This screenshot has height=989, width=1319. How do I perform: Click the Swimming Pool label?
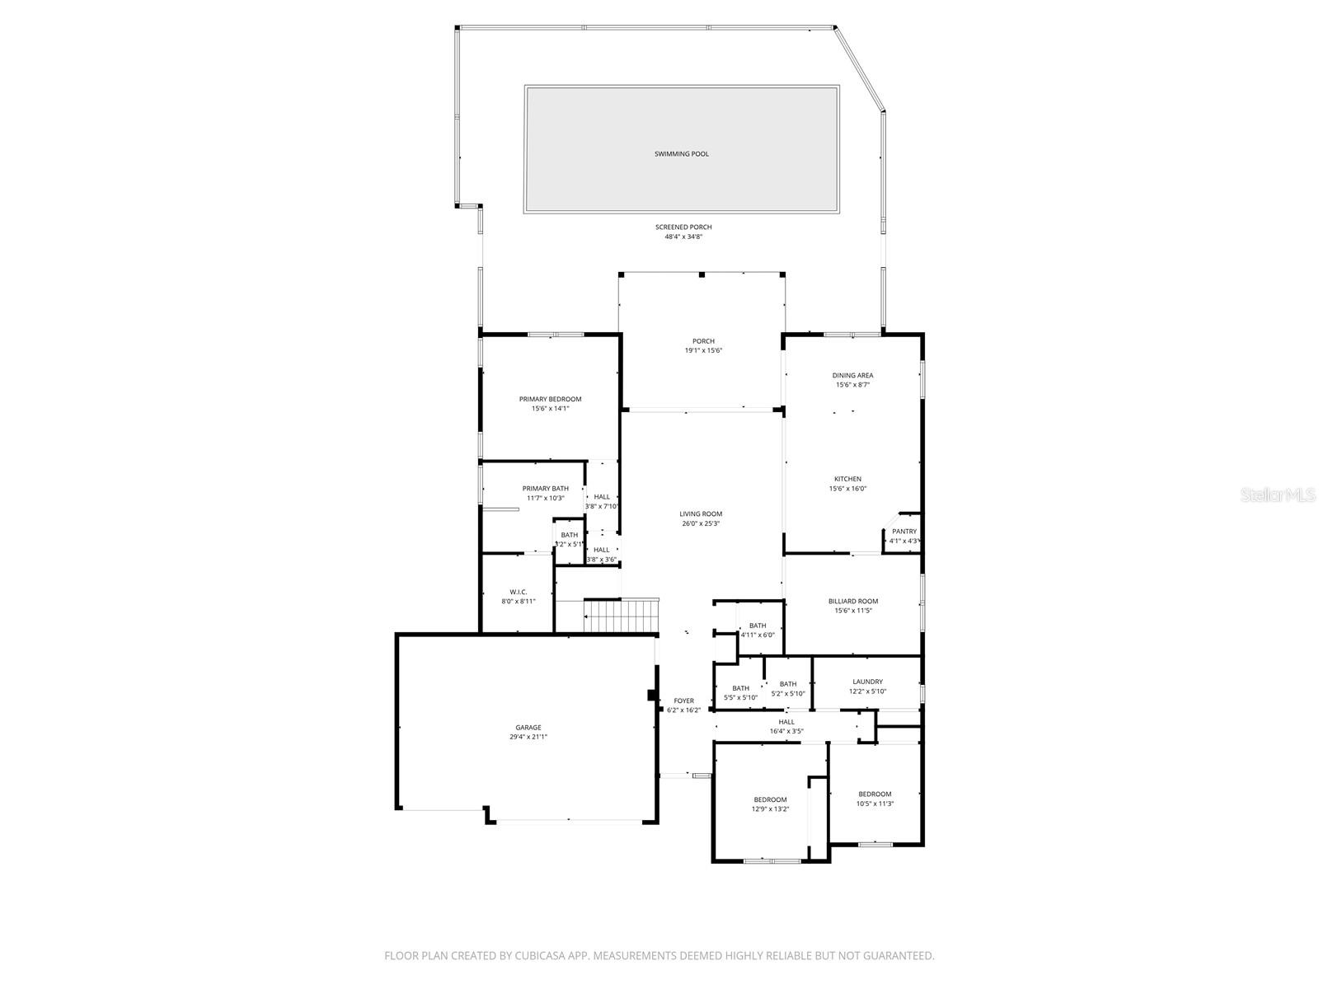click(x=681, y=154)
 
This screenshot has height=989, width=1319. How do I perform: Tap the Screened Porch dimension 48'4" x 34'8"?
click(x=683, y=237)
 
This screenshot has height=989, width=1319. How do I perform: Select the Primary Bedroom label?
click(x=550, y=399)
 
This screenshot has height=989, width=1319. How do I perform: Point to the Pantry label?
click(x=904, y=532)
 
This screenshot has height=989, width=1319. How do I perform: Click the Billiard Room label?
click(x=852, y=602)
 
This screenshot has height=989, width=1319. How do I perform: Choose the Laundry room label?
click(x=867, y=682)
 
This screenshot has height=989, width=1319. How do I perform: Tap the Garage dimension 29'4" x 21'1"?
click(x=528, y=738)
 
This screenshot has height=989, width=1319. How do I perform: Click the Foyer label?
click(x=683, y=701)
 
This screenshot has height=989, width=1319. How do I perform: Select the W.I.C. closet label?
click(x=519, y=592)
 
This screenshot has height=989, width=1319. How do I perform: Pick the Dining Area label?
click(x=852, y=375)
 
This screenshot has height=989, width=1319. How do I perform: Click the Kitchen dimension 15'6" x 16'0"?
click(x=847, y=489)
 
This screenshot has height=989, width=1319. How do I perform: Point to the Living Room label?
click(x=701, y=513)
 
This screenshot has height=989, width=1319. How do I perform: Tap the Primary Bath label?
click(x=545, y=488)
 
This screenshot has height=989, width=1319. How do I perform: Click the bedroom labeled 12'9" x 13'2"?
click(x=770, y=804)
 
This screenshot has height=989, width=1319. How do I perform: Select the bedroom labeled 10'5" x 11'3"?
click(x=874, y=799)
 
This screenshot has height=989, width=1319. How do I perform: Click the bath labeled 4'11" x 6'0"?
click(x=757, y=630)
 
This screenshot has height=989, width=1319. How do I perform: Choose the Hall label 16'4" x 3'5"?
click(x=786, y=726)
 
